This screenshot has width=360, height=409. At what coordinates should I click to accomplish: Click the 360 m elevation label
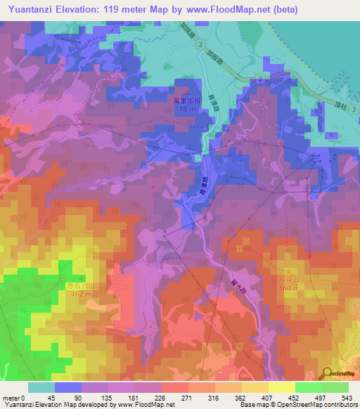point(288,288)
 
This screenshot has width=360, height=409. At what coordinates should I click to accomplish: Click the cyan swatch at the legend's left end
point(41,387)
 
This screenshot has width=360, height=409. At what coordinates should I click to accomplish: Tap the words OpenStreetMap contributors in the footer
point(321,405)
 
